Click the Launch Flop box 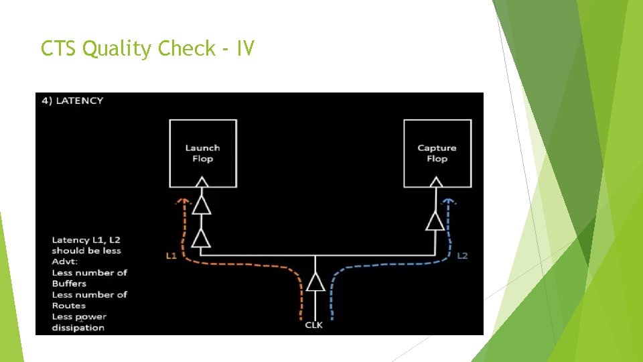click(202, 154)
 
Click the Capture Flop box click(437, 154)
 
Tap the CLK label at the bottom click(314, 325)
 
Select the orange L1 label click(171, 255)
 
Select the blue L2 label click(462, 255)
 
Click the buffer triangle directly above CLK click(315, 282)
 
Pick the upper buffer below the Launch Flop click(202, 206)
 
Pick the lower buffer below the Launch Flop click(202, 237)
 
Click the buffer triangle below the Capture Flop click(435, 221)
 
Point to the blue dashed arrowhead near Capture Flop click(450, 200)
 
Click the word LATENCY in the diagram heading click(80, 101)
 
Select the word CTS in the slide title click(58, 48)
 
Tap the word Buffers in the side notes click(69, 284)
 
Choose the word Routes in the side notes click(69, 306)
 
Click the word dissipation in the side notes click(78, 328)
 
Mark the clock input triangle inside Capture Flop click(436, 182)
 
